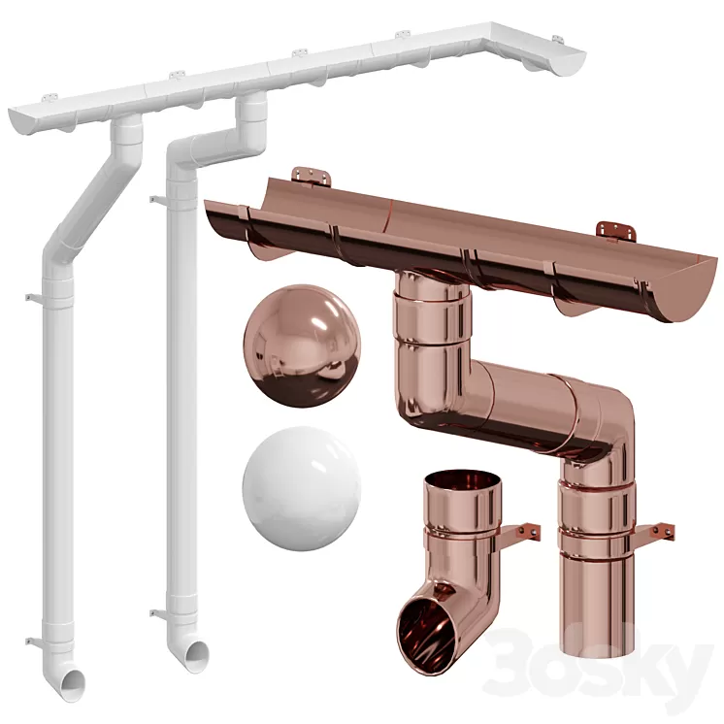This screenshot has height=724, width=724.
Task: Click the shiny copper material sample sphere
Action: [301, 346]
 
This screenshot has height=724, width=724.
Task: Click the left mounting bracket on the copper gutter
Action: [311, 178]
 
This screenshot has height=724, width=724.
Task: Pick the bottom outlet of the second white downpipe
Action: [196, 656]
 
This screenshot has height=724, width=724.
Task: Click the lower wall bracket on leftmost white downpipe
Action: [33, 640]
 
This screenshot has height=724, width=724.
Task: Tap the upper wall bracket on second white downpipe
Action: [156, 201]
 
